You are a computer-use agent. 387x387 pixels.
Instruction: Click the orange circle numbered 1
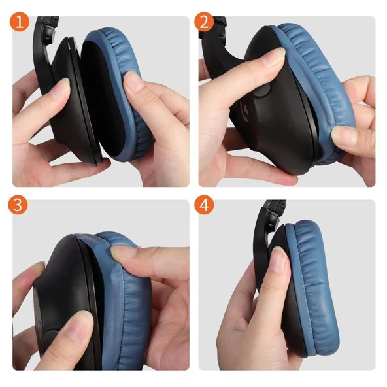click(20, 22)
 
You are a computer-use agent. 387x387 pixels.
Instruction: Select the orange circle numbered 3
click(20, 205)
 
